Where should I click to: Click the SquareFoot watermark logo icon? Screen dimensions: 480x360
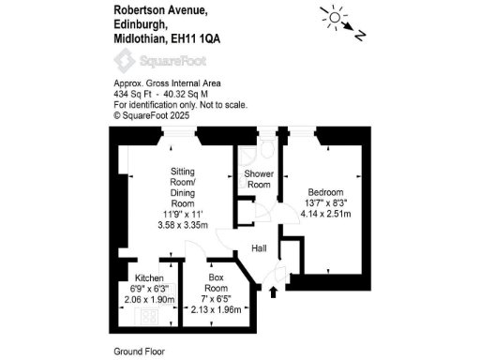pos(122,61)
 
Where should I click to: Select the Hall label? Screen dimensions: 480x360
pos(259,248)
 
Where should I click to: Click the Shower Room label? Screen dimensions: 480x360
pos(259,180)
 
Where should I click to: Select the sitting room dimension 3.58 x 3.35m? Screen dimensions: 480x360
pos(182,224)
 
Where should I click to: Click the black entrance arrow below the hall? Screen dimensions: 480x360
pos(274,292)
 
